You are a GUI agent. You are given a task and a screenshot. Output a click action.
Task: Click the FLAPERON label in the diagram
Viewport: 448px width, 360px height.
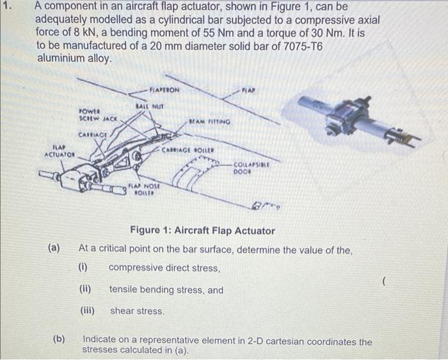(164, 90)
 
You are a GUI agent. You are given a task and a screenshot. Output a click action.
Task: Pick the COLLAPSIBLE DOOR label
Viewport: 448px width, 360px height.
(249, 168)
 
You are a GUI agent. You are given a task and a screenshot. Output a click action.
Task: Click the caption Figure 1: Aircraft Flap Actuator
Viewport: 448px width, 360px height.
(202, 231)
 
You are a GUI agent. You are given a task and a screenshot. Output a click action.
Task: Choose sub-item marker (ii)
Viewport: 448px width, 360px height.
(85, 290)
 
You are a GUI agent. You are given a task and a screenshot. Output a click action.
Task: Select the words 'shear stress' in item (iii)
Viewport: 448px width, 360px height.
(137, 311)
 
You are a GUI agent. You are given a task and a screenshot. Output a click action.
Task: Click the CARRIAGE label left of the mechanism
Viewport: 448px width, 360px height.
(92, 135)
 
